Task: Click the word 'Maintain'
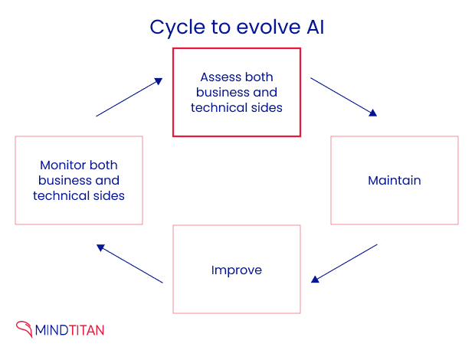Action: [394, 181]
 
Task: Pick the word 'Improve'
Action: [237, 270]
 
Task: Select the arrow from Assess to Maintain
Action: [343, 97]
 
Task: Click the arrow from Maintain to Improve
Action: [344, 263]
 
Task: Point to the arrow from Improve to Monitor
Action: [129, 263]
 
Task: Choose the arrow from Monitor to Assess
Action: [129, 97]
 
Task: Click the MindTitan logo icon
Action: [25, 329]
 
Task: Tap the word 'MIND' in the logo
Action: [53, 330]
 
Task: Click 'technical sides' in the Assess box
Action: [237, 107]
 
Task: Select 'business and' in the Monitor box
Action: [79, 181]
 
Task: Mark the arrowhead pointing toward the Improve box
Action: [315, 279]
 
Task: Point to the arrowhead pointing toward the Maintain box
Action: [373, 113]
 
